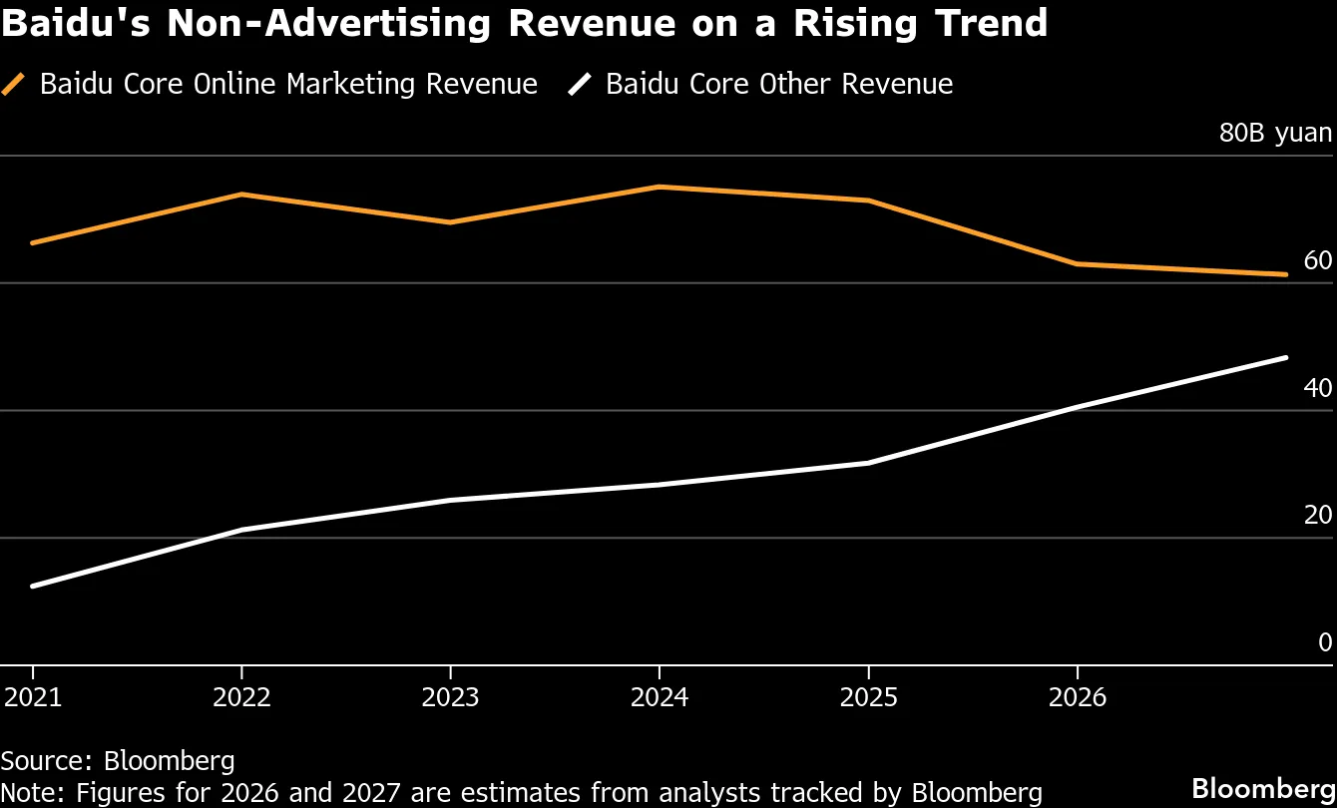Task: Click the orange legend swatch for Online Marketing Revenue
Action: click(x=14, y=85)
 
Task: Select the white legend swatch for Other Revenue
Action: click(x=580, y=85)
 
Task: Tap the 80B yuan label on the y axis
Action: click(x=1274, y=133)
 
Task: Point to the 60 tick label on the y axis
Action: click(x=1317, y=261)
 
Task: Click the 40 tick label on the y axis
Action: click(x=1317, y=388)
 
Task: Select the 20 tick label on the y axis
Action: click(x=1317, y=516)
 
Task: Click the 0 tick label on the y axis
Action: click(x=1325, y=642)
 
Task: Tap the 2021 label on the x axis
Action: click(x=33, y=696)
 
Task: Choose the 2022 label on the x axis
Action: click(x=241, y=696)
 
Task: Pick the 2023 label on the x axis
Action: click(x=450, y=696)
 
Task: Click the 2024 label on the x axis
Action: click(x=660, y=696)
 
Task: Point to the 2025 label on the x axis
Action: click(x=868, y=696)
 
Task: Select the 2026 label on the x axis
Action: click(x=1078, y=696)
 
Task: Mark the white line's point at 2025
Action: click(x=868, y=463)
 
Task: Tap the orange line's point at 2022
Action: click(x=241, y=194)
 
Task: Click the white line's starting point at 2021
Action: click(x=33, y=586)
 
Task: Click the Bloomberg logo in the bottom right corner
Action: click(x=1263, y=785)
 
